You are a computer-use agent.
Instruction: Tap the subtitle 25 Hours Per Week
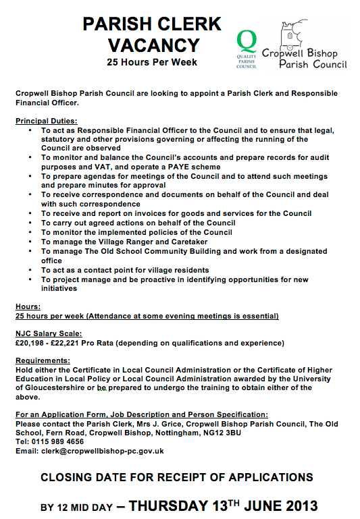click(x=152, y=63)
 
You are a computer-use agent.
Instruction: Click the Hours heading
click(x=27, y=306)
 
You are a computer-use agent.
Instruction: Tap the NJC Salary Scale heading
click(x=48, y=333)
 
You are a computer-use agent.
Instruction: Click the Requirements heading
click(x=42, y=361)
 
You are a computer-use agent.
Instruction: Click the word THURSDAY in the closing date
click(x=169, y=504)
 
